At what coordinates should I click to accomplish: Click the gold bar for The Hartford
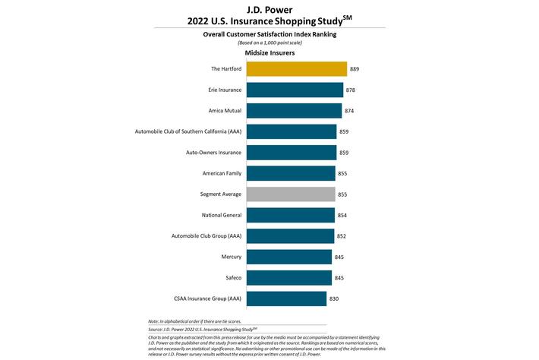click(x=296, y=69)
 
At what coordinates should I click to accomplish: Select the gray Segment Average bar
click(x=291, y=194)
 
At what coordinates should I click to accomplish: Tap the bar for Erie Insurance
click(x=295, y=90)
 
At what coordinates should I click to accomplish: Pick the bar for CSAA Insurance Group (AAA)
click(x=286, y=298)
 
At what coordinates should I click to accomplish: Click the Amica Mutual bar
click(x=294, y=111)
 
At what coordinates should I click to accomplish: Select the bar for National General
click(x=291, y=215)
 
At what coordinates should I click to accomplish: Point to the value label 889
click(x=355, y=69)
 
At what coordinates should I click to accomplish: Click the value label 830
click(x=334, y=298)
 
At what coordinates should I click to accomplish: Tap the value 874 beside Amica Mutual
click(x=349, y=111)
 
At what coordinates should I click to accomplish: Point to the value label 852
click(x=342, y=236)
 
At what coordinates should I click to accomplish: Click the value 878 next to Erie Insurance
click(x=351, y=90)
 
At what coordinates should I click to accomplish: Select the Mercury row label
click(x=231, y=257)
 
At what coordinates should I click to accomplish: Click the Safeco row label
click(x=232, y=278)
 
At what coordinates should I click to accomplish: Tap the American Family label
click(x=222, y=173)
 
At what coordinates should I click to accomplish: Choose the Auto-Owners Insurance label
click(x=213, y=153)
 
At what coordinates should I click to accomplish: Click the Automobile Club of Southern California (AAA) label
click(x=187, y=131)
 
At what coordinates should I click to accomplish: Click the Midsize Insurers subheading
click(x=269, y=53)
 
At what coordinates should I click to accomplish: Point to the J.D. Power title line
click(x=269, y=8)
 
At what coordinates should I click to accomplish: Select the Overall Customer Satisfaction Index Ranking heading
click(x=269, y=34)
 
